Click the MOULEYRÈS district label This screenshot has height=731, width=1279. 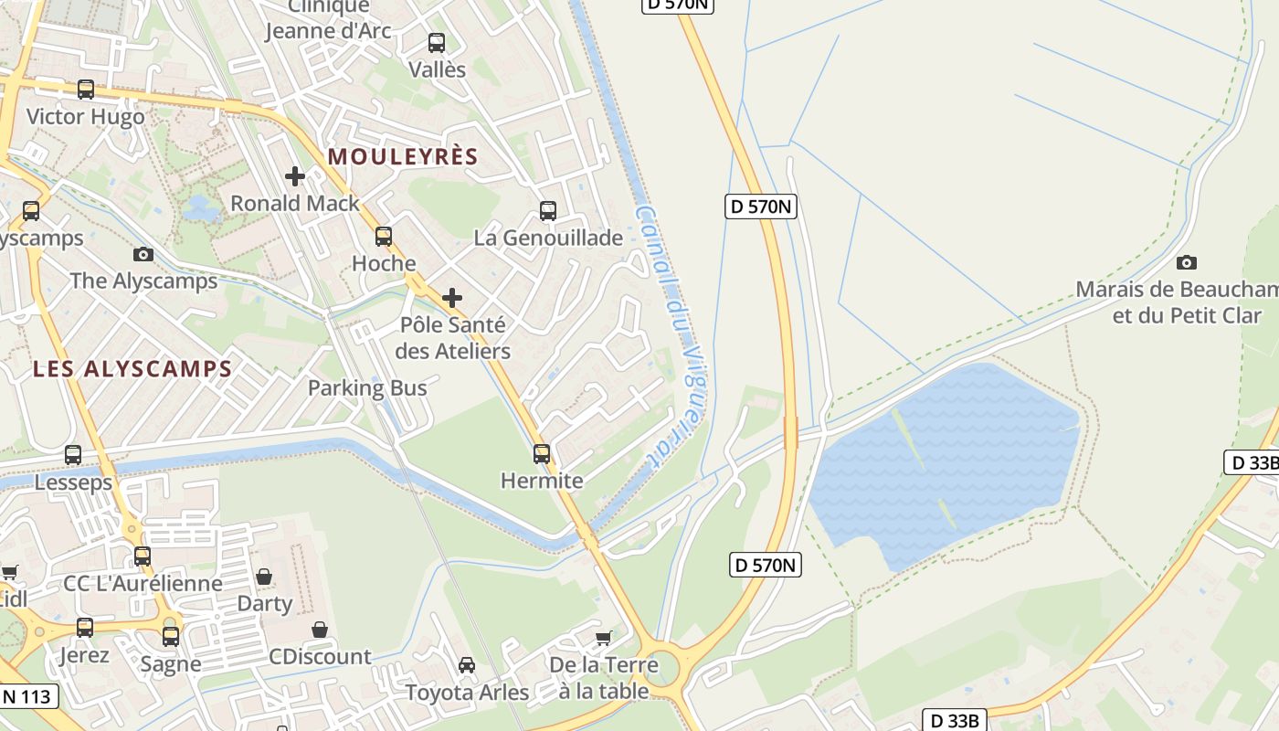pyautogui.click(x=403, y=156)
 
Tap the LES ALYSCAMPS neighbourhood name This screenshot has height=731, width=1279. pyautogui.click(x=132, y=369)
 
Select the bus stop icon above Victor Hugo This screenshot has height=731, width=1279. pyautogui.click(x=86, y=90)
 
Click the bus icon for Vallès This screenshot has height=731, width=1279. pyautogui.click(x=437, y=42)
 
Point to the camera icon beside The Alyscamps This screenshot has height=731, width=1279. pyautogui.click(x=143, y=254)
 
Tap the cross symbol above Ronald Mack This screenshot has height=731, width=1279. pyautogui.click(x=295, y=175)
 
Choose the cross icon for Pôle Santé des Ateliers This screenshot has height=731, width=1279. pyautogui.click(x=452, y=298)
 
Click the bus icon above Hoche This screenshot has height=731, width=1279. pyautogui.click(x=384, y=237)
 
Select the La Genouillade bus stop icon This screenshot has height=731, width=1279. pyautogui.click(x=548, y=211)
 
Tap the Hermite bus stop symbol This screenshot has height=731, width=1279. pyautogui.click(x=542, y=453)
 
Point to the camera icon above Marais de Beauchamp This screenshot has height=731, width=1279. pyautogui.click(x=1187, y=263)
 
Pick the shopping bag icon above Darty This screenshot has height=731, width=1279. pyautogui.click(x=264, y=577)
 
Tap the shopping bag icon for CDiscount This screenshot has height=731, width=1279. pyautogui.click(x=320, y=630)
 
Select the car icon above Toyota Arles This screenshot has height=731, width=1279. pyautogui.click(x=467, y=664)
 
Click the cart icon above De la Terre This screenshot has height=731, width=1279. pyautogui.click(x=603, y=638)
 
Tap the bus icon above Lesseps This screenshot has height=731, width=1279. pyautogui.click(x=73, y=454)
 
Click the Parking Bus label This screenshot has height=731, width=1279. pyautogui.click(x=367, y=387)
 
